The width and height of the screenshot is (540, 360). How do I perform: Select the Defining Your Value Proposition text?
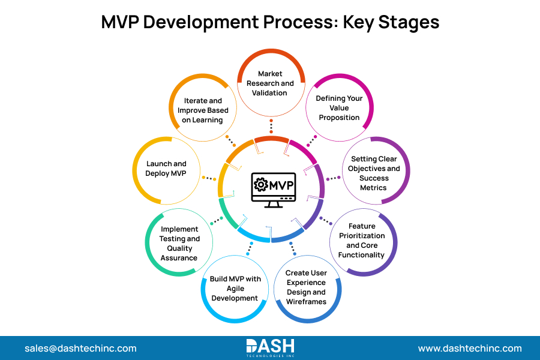[x=339, y=108]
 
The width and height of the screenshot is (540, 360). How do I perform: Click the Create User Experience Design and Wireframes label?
[x=305, y=287]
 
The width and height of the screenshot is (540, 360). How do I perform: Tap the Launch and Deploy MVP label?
[x=166, y=169]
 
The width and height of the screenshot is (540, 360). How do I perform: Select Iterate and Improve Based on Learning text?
[x=203, y=110]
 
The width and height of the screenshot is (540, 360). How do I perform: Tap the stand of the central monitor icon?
[x=272, y=204]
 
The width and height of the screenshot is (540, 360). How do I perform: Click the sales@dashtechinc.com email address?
[x=80, y=348]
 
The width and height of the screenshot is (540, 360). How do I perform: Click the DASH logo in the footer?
[x=271, y=347]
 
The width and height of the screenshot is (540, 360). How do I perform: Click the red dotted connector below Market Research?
[x=271, y=127]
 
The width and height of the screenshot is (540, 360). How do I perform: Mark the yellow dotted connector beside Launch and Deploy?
[x=209, y=178]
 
